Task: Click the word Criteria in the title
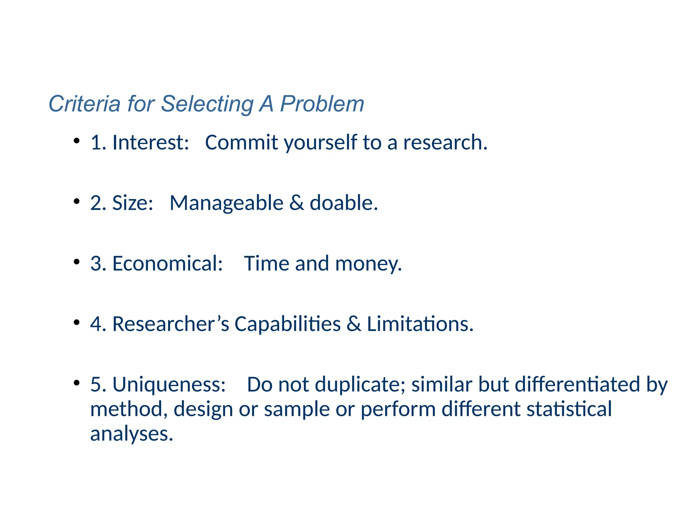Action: click(x=84, y=104)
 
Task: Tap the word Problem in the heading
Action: click(x=322, y=104)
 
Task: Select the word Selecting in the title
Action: click(x=207, y=104)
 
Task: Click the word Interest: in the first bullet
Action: click(x=151, y=142)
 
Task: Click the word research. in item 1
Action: click(x=445, y=142)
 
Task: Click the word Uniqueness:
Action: click(x=169, y=384)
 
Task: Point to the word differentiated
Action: click(x=577, y=384)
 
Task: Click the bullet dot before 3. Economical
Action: click(x=77, y=262)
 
